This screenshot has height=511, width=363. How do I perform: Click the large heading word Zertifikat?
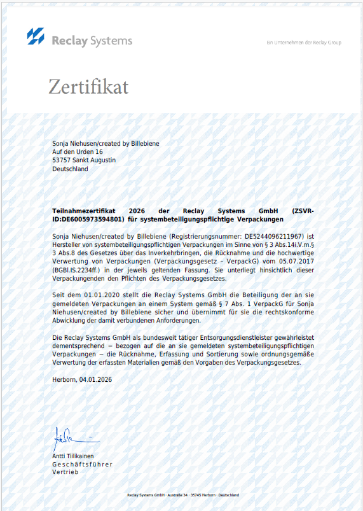[x=88, y=87]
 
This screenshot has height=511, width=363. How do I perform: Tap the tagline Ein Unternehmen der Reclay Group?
[x=304, y=43]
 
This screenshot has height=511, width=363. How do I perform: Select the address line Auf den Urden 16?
[x=78, y=152]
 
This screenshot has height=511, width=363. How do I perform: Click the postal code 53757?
[x=62, y=160]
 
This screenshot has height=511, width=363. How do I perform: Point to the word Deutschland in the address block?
[x=70, y=169]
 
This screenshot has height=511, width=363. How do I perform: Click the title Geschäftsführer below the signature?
[x=82, y=464]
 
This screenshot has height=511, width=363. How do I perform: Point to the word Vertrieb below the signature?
[x=65, y=472]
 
